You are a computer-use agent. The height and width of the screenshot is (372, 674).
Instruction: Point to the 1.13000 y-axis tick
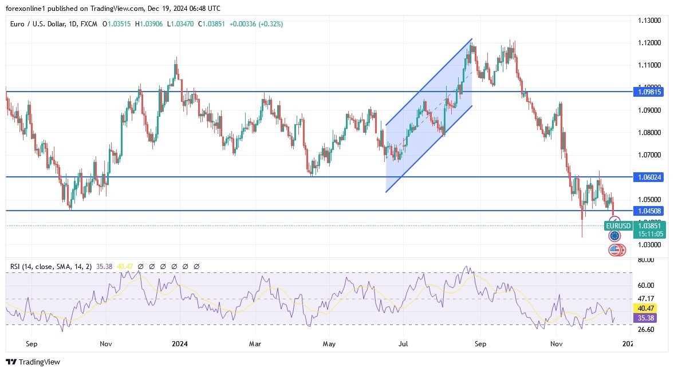pos(649,21)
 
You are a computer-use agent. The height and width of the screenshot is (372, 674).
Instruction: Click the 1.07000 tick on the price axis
pos(649,155)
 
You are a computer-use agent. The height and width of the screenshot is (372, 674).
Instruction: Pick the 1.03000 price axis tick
pos(649,245)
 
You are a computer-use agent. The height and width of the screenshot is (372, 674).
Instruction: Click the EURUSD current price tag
pos(618,226)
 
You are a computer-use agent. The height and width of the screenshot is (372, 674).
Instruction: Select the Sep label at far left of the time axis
pos(31,344)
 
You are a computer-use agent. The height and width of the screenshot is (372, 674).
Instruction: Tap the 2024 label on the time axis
pos(180,344)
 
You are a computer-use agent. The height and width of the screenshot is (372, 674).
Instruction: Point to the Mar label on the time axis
pos(255,344)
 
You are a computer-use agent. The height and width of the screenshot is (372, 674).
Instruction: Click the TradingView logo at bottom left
pos(33,362)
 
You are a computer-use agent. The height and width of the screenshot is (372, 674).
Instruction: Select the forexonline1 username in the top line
pos(27,8)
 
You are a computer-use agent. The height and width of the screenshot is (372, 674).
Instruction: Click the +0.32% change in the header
pos(270,24)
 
